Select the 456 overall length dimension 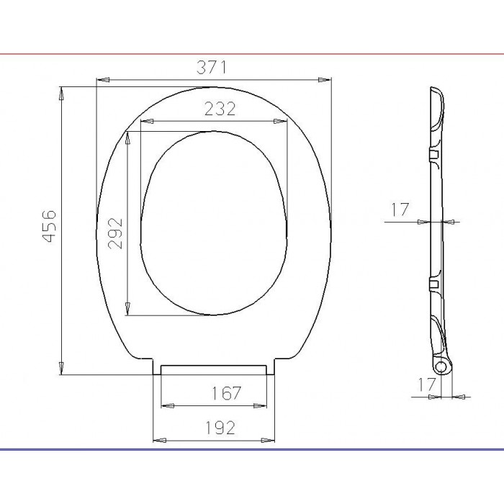49,226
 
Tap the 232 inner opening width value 220,109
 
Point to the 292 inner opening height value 115,233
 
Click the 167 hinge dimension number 226,393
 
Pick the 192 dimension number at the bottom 220,428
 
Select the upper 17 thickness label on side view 400,210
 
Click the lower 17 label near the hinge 426,384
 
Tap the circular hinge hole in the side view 441,366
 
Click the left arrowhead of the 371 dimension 103,80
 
